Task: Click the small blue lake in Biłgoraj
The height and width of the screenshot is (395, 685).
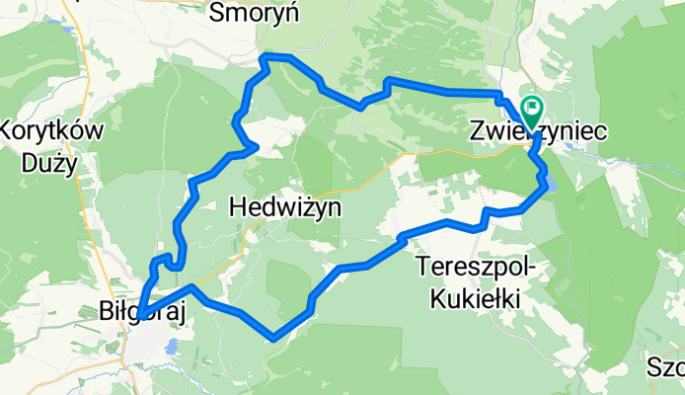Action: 173,347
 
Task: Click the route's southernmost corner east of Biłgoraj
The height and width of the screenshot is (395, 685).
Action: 272,337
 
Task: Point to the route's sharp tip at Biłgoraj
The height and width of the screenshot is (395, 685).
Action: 140,315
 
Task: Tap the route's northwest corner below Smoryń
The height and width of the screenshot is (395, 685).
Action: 263,57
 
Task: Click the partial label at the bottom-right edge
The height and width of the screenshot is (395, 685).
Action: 666,369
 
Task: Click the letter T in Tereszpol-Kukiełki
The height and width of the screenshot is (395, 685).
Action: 423,267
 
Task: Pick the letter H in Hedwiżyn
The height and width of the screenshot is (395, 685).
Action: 238,207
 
